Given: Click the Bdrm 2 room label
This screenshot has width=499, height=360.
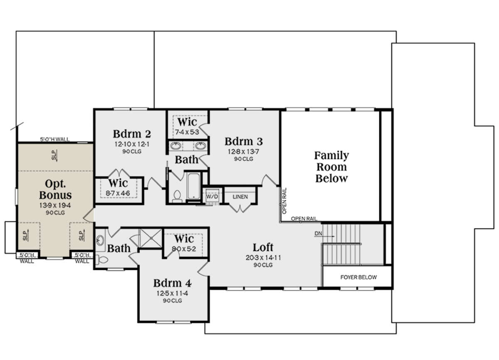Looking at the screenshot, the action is [x=132, y=134].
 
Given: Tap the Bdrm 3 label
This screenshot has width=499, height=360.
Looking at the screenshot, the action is [x=244, y=142].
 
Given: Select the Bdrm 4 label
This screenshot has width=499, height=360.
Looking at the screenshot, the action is [x=172, y=283].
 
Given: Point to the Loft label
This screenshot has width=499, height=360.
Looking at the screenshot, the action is [x=263, y=248].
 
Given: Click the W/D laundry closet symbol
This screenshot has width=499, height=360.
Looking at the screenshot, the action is [x=212, y=196].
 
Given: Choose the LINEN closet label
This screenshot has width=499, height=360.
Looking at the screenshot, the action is [x=240, y=197].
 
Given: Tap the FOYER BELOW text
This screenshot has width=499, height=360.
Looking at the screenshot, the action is [x=358, y=277].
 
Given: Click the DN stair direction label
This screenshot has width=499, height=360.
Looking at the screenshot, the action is [x=319, y=233].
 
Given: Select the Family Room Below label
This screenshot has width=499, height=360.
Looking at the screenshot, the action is [x=331, y=167].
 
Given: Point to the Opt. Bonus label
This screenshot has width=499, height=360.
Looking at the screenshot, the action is [x=55, y=189].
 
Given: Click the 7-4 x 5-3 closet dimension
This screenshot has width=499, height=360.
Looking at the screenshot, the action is [x=187, y=132].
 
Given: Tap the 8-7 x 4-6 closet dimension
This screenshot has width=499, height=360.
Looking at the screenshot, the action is [x=118, y=193].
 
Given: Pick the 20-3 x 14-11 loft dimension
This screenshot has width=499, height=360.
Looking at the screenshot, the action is [x=263, y=258].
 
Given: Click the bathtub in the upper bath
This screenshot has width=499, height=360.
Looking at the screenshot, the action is [x=194, y=186].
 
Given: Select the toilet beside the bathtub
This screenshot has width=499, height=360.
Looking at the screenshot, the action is [x=177, y=196].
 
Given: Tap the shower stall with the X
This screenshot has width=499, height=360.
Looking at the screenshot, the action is [x=151, y=238].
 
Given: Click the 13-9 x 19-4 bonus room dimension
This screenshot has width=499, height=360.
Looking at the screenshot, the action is [x=55, y=205].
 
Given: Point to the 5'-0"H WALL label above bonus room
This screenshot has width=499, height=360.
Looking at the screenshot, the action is [x=55, y=139].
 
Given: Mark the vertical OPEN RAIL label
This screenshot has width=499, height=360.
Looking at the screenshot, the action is [x=284, y=201].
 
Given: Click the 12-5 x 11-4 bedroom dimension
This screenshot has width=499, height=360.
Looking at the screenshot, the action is [x=172, y=293].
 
